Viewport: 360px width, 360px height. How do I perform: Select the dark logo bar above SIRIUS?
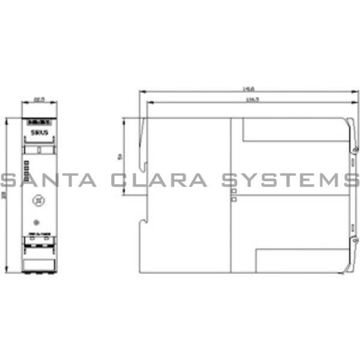(39, 122)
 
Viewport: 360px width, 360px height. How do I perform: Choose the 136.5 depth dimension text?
(247, 100)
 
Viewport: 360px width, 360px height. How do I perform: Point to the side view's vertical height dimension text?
(121, 157)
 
